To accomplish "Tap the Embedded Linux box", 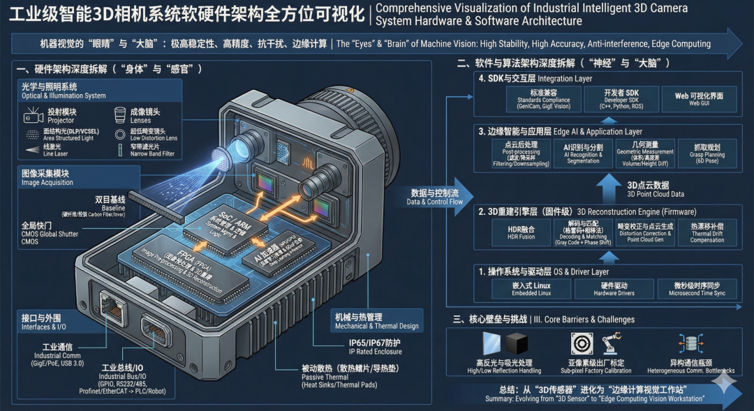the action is click(532, 289).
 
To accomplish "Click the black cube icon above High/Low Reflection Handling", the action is click(517, 344).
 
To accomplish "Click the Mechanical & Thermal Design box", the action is click(377, 321).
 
